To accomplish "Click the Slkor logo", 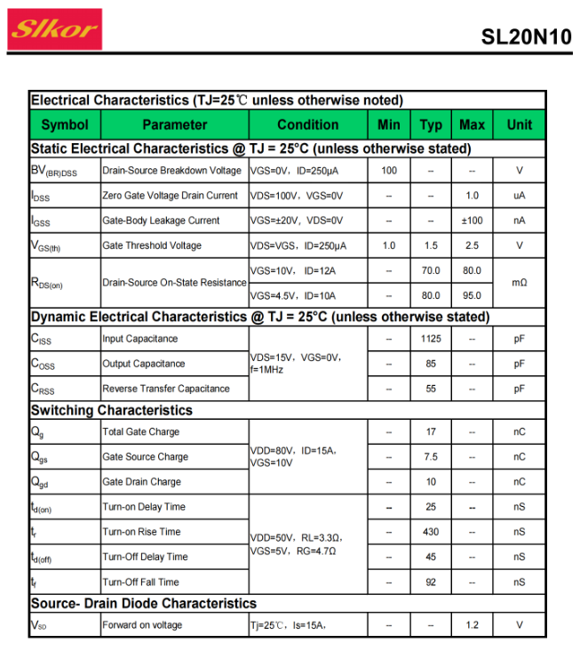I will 55,28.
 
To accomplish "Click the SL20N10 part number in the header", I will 526,36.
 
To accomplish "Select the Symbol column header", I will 65,125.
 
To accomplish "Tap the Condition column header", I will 307,125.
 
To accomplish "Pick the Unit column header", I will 519,125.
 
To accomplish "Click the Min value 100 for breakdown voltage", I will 389,171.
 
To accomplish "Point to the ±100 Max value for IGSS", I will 473,221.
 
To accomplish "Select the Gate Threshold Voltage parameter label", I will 152,245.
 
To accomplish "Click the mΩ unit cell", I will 520,282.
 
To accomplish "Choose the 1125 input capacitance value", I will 431,339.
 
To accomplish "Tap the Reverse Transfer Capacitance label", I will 166,389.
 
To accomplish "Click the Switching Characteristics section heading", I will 112,410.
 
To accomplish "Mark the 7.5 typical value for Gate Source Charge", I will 431,457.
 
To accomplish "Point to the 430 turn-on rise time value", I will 431,532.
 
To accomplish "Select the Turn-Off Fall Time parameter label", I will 140,582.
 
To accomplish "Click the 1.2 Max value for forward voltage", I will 473,625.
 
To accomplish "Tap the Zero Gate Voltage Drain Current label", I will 171,196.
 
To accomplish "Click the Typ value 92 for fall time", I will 431,582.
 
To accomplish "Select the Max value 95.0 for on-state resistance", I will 473,295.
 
